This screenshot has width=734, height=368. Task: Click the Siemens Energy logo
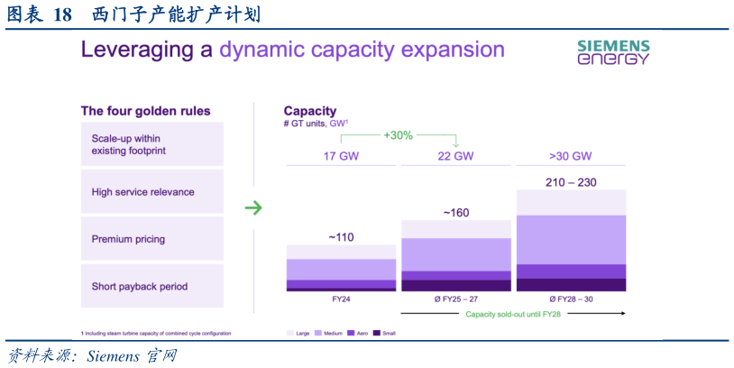(x=613, y=52)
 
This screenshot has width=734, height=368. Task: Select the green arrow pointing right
(x=253, y=207)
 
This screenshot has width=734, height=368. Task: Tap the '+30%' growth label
(x=399, y=136)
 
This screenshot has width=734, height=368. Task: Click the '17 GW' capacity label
(x=341, y=156)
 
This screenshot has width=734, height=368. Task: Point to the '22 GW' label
(x=455, y=156)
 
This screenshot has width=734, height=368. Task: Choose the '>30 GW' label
(x=570, y=156)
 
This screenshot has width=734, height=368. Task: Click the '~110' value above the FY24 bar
(x=341, y=237)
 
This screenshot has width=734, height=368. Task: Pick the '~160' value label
(x=455, y=213)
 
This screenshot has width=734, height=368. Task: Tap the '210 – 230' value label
(x=571, y=182)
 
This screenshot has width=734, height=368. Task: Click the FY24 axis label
(x=341, y=299)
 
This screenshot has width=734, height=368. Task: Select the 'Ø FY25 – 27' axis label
(x=455, y=299)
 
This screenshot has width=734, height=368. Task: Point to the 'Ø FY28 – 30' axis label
(x=570, y=299)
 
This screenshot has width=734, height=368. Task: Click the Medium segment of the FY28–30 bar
(x=571, y=240)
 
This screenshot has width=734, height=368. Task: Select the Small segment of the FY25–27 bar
(x=456, y=286)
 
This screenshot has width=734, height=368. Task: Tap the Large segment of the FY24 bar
(x=341, y=252)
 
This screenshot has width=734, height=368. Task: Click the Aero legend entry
(x=358, y=334)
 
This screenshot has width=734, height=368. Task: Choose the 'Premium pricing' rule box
(x=152, y=239)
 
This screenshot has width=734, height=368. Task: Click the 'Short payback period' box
(x=152, y=286)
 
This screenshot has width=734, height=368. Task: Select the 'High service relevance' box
(x=152, y=191)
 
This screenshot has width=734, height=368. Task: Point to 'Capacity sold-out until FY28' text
(x=513, y=314)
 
